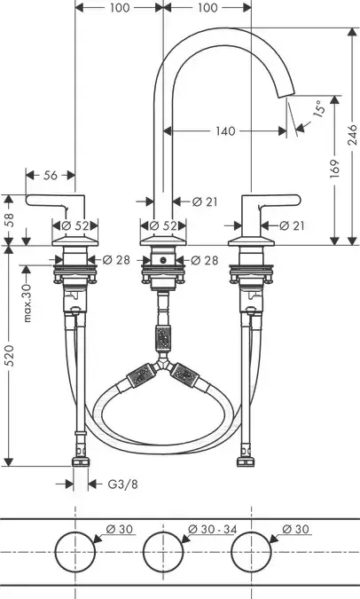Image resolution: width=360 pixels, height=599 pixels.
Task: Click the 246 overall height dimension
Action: pos(352,135)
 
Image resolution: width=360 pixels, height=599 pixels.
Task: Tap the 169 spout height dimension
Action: pos(334,168)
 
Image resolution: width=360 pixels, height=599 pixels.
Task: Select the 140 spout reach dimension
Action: pos(225,131)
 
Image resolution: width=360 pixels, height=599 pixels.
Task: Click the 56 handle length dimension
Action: pos(50,176)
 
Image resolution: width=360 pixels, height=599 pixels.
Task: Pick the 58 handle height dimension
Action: pos(8,220)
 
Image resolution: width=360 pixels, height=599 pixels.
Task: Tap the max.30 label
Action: pos(27,303)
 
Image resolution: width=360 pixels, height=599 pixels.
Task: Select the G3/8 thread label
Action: pos(122,485)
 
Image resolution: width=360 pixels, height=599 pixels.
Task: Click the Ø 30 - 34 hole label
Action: pos(213,530)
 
